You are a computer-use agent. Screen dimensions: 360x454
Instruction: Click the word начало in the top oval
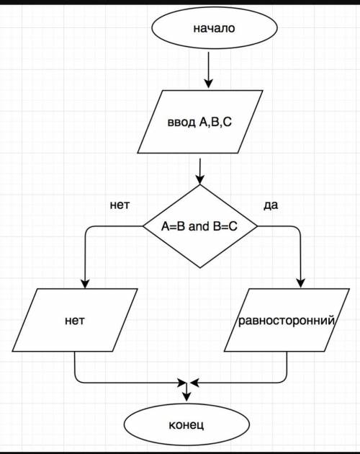[x=214, y=28]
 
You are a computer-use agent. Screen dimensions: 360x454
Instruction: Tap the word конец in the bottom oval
[x=186, y=425]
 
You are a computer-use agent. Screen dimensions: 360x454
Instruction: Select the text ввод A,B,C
[x=199, y=123]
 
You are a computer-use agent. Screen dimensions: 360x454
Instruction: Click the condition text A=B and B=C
[x=199, y=226]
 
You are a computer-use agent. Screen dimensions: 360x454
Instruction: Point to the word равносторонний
[x=287, y=321]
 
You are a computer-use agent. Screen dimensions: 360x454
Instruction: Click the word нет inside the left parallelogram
[x=75, y=321]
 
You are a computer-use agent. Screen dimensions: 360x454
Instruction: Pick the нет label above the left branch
[x=120, y=205]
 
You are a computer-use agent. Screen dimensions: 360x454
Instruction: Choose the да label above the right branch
[x=271, y=205]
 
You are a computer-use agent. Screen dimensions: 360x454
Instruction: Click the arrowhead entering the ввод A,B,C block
[x=208, y=84]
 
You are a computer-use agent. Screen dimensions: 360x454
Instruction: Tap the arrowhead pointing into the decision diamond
[x=199, y=180]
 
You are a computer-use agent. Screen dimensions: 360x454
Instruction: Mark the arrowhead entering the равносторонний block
[x=301, y=283]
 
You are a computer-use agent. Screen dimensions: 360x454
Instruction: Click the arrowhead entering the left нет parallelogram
[x=85, y=284]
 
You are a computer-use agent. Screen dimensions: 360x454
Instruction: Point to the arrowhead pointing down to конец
[x=186, y=397]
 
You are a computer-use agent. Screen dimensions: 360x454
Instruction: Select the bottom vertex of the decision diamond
[x=200, y=268]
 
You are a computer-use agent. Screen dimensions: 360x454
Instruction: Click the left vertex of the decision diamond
[x=143, y=226]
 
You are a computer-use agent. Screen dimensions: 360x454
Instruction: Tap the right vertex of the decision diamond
[x=257, y=226]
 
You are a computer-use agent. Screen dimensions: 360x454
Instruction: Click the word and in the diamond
[x=199, y=226]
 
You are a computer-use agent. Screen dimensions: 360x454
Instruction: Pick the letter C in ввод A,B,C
[x=228, y=122]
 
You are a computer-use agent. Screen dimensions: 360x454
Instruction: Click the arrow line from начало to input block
[x=208, y=70]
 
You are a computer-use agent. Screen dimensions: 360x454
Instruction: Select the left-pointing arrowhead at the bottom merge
[x=194, y=383]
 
